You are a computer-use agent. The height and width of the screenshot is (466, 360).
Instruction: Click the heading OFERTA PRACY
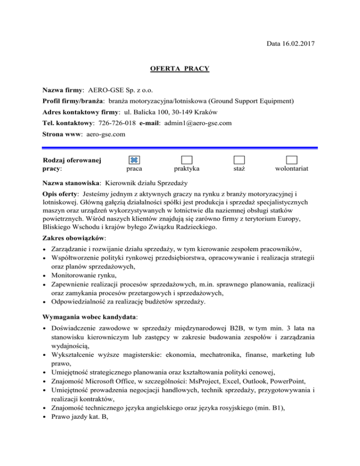(x=180, y=69)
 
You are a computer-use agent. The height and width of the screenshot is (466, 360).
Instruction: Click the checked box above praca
(x=134, y=160)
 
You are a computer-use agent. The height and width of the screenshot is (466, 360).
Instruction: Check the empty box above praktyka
(x=187, y=160)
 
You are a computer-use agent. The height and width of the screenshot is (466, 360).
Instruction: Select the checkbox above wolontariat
(x=292, y=160)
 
